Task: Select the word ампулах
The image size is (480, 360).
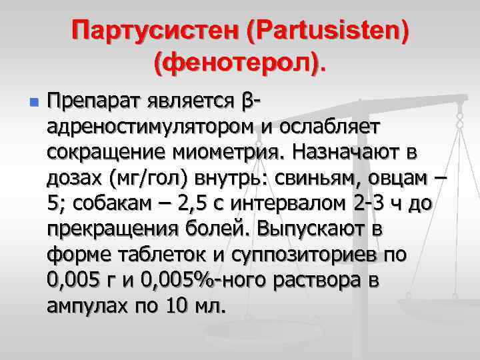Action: tap(84, 305)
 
